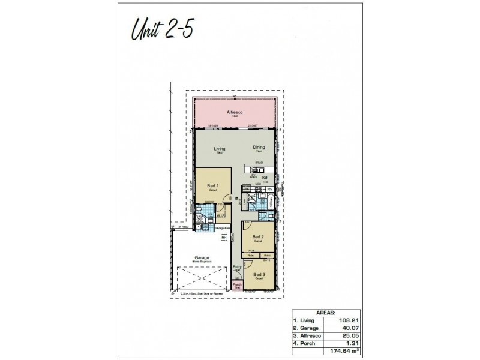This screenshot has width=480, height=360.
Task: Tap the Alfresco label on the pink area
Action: tap(234, 112)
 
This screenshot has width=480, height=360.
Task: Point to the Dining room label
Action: tap(259, 147)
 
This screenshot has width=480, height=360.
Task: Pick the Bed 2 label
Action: tap(257, 237)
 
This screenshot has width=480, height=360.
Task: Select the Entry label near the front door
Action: tap(236, 267)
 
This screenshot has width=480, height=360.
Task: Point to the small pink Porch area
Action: tap(237, 286)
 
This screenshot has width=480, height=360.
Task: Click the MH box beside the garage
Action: tap(224, 238)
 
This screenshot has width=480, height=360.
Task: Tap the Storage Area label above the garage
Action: tap(223, 228)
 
